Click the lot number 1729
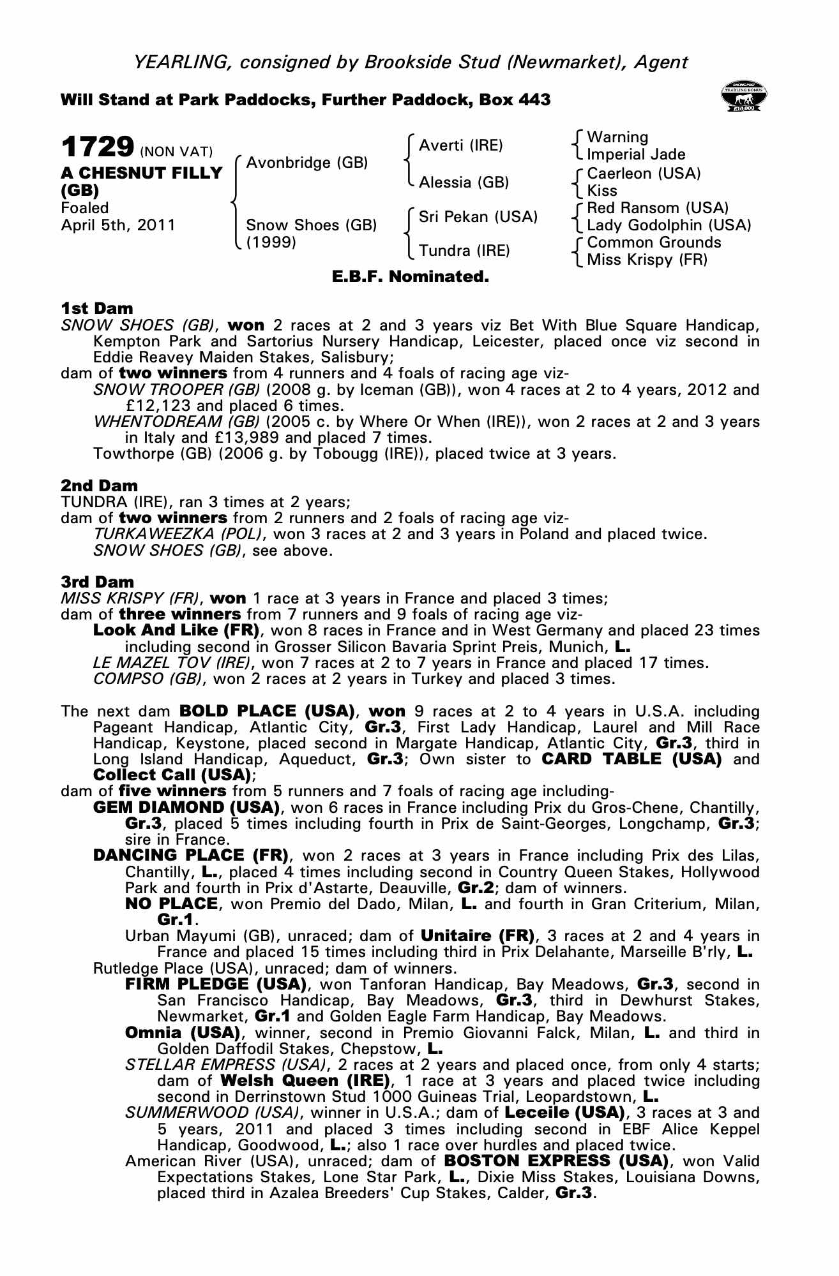(x=97, y=147)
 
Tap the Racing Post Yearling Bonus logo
(x=743, y=98)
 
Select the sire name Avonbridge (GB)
(x=306, y=163)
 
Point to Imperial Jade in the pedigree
(x=635, y=154)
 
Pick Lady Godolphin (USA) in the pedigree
(x=668, y=225)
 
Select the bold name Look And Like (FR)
(x=176, y=630)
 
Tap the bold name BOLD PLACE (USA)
(x=267, y=711)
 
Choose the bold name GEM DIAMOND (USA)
(x=187, y=808)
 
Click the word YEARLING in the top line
(x=179, y=62)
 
